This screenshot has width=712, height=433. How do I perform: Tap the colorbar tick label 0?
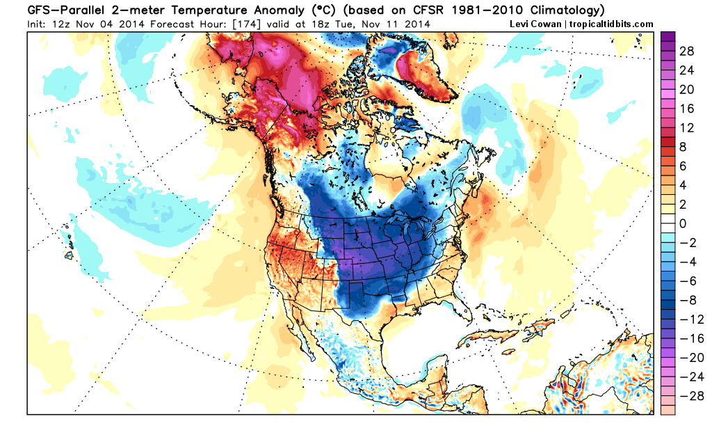[683, 223]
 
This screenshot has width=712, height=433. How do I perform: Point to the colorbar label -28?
[687, 395]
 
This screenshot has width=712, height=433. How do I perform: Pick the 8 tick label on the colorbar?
[683, 148]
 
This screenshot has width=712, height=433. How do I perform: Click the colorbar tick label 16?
[687, 109]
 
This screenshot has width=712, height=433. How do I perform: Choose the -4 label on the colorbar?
[687, 262]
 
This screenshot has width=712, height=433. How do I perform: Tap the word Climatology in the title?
[559, 10]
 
